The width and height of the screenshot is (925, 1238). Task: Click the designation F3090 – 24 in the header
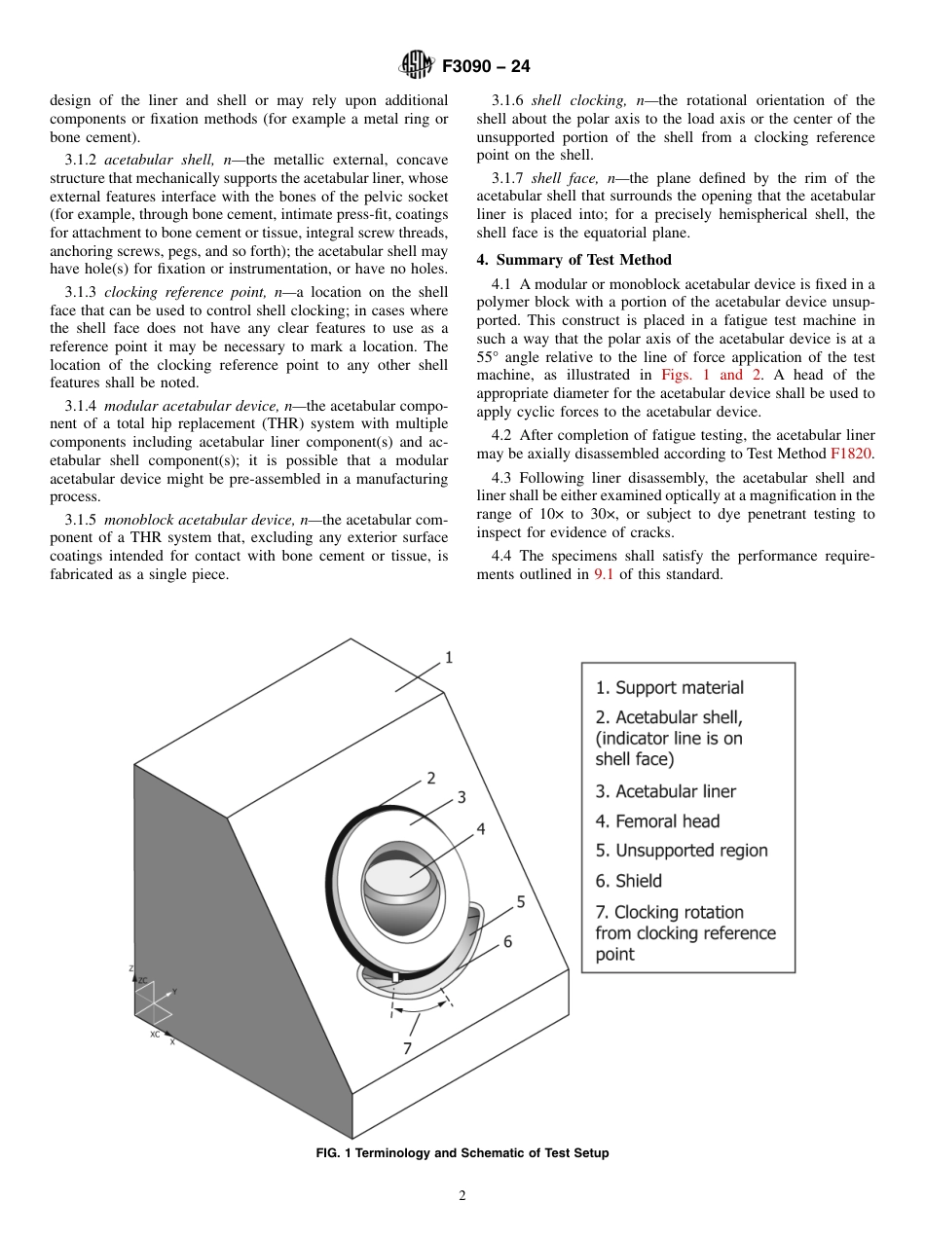click(x=485, y=67)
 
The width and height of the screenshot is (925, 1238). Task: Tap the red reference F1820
click(x=851, y=454)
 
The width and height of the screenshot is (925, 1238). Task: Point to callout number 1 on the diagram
click(x=449, y=658)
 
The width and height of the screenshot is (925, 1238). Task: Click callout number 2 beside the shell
click(x=430, y=778)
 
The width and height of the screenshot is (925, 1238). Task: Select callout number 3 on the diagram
click(x=462, y=797)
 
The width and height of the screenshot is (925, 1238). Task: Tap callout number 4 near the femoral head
click(x=480, y=829)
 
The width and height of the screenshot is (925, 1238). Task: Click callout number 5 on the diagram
click(x=521, y=902)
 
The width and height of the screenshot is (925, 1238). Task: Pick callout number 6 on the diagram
click(x=507, y=942)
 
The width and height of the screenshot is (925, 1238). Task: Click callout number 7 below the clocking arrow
click(x=407, y=1047)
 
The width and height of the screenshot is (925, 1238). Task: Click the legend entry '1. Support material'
click(x=669, y=688)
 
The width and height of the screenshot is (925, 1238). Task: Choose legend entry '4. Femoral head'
click(x=657, y=821)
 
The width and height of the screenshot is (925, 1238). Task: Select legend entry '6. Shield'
click(x=628, y=881)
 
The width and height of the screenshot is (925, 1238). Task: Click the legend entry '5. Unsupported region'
click(x=682, y=851)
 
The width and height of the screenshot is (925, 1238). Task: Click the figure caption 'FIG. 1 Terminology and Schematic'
click(x=462, y=1153)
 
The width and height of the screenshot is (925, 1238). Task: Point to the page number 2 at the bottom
click(x=462, y=1196)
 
